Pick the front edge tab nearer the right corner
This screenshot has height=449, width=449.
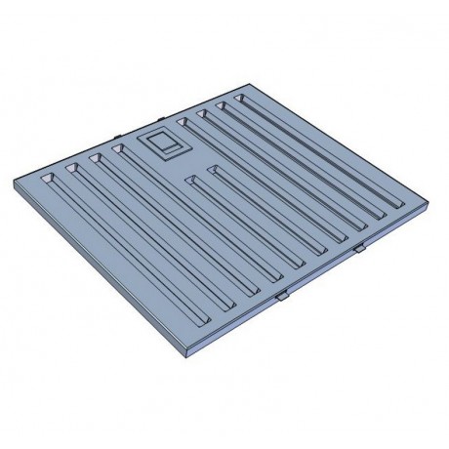(x=359, y=250)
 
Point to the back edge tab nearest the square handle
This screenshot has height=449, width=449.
(x=118, y=139)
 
